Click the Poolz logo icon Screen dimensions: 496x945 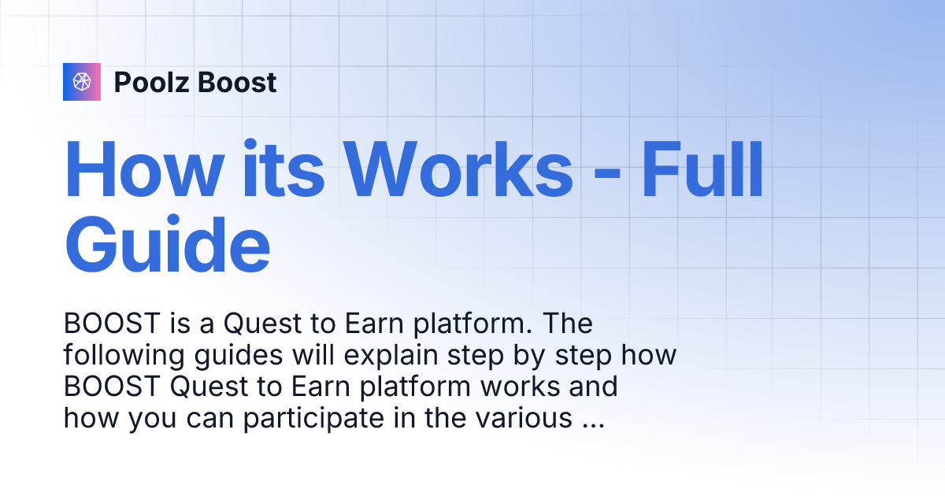tap(82, 82)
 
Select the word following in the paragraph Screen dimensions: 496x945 tap(121, 356)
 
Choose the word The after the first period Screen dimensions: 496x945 tap(568, 324)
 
